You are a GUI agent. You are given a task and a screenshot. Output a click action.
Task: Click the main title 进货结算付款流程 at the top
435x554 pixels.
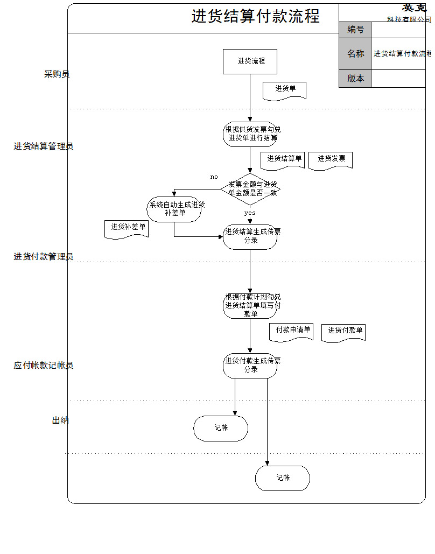click(x=255, y=16)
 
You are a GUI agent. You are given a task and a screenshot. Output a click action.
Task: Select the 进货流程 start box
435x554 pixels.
click(x=250, y=61)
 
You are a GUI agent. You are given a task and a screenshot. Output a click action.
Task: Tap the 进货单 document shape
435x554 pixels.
click(x=284, y=90)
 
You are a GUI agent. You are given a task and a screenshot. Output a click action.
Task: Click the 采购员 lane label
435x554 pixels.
click(x=57, y=74)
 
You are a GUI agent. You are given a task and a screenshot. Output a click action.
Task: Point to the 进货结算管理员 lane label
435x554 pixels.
click(x=44, y=146)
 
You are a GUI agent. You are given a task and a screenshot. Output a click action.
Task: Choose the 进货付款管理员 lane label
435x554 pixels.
click(x=44, y=257)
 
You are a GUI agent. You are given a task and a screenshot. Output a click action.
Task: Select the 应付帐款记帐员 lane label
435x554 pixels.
click(x=44, y=366)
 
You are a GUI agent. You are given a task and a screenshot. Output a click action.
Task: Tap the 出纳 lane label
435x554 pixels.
click(x=60, y=420)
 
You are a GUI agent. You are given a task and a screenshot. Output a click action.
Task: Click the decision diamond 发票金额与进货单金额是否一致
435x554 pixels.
click(x=250, y=188)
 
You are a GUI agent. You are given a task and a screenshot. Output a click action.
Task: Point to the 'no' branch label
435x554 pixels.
click(x=214, y=177)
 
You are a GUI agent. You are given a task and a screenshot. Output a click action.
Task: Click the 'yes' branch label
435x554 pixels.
click(x=250, y=213)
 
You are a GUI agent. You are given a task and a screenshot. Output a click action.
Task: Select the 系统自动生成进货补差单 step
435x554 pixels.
click(x=174, y=209)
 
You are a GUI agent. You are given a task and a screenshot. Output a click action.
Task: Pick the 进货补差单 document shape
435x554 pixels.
click(x=127, y=228)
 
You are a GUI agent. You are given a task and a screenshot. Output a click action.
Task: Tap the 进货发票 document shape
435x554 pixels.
click(x=331, y=160)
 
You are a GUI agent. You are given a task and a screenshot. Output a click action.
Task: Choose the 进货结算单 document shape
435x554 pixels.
click(x=283, y=160)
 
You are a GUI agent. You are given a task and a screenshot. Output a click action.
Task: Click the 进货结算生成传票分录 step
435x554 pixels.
click(x=250, y=236)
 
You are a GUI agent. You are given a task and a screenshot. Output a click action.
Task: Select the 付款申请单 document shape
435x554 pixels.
click(x=291, y=331)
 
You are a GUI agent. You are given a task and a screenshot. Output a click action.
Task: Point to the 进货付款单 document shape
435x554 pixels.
click(x=343, y=332)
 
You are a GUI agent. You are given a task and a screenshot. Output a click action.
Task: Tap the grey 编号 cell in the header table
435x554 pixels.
click(x=355, y=30)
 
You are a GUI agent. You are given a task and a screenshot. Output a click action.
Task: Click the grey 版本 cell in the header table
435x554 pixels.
click(x=355, y=79)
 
